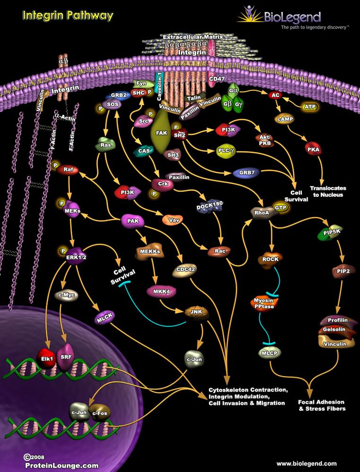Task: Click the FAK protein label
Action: [x=162, y=134]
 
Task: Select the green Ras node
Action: [x=105, y=145]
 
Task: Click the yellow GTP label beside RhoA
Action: [x=282, y=207]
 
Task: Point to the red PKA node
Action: [x=313, y=150]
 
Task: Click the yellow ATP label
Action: [x=310, y=107]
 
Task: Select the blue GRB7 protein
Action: [x=246, y=173]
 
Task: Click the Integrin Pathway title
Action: [x=68, y=16]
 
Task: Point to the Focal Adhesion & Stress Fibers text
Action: [x=322, y=405]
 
